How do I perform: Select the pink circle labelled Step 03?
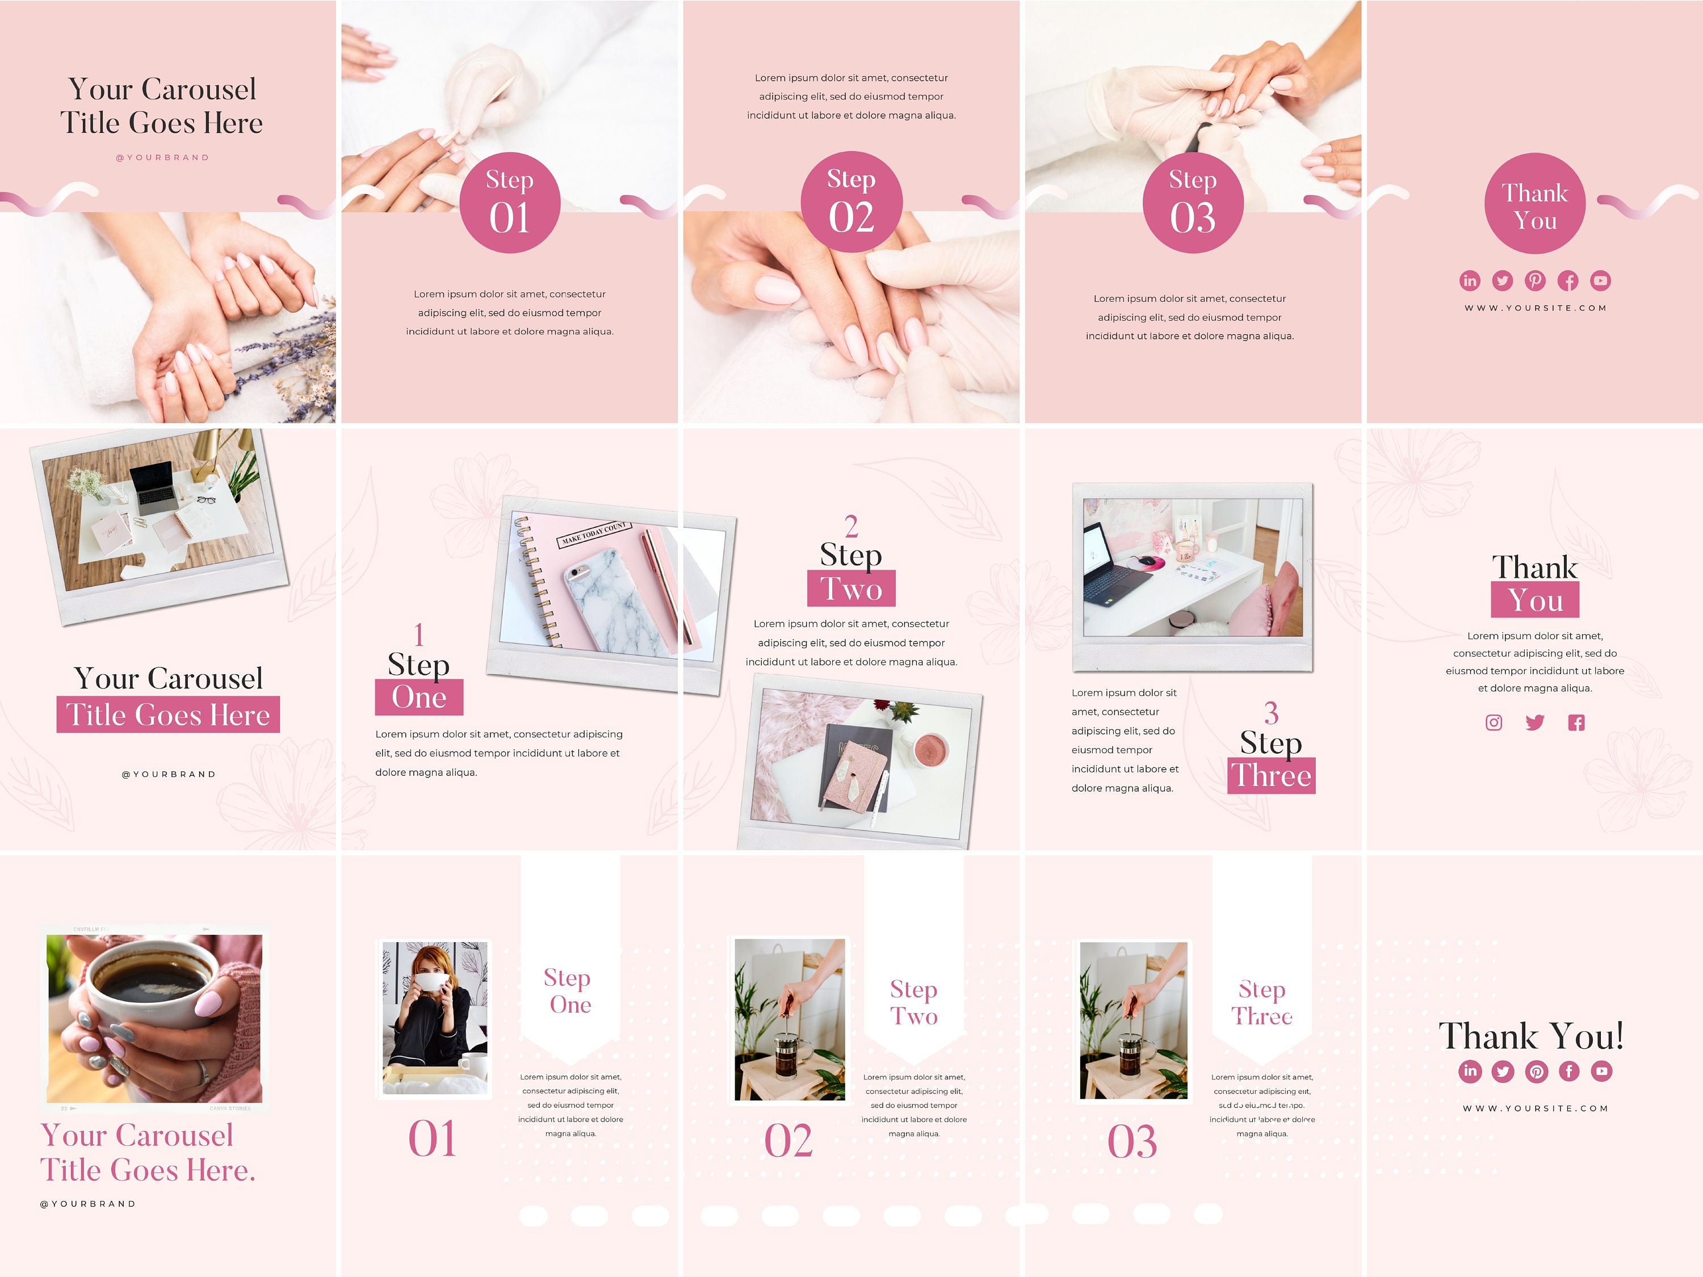(1193, 203)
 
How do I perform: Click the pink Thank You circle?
(1534, 203)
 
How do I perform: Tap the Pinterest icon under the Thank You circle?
(1534, 280)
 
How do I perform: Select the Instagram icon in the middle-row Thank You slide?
(1494, 722)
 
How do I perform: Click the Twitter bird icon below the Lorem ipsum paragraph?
(1534, 722)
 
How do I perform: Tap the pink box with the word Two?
(851, 589)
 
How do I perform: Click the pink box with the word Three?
(1271, 775)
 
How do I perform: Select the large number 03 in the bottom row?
(1132, 1141)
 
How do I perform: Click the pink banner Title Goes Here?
(168, 715)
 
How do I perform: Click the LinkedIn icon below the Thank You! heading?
(1470, 1071)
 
